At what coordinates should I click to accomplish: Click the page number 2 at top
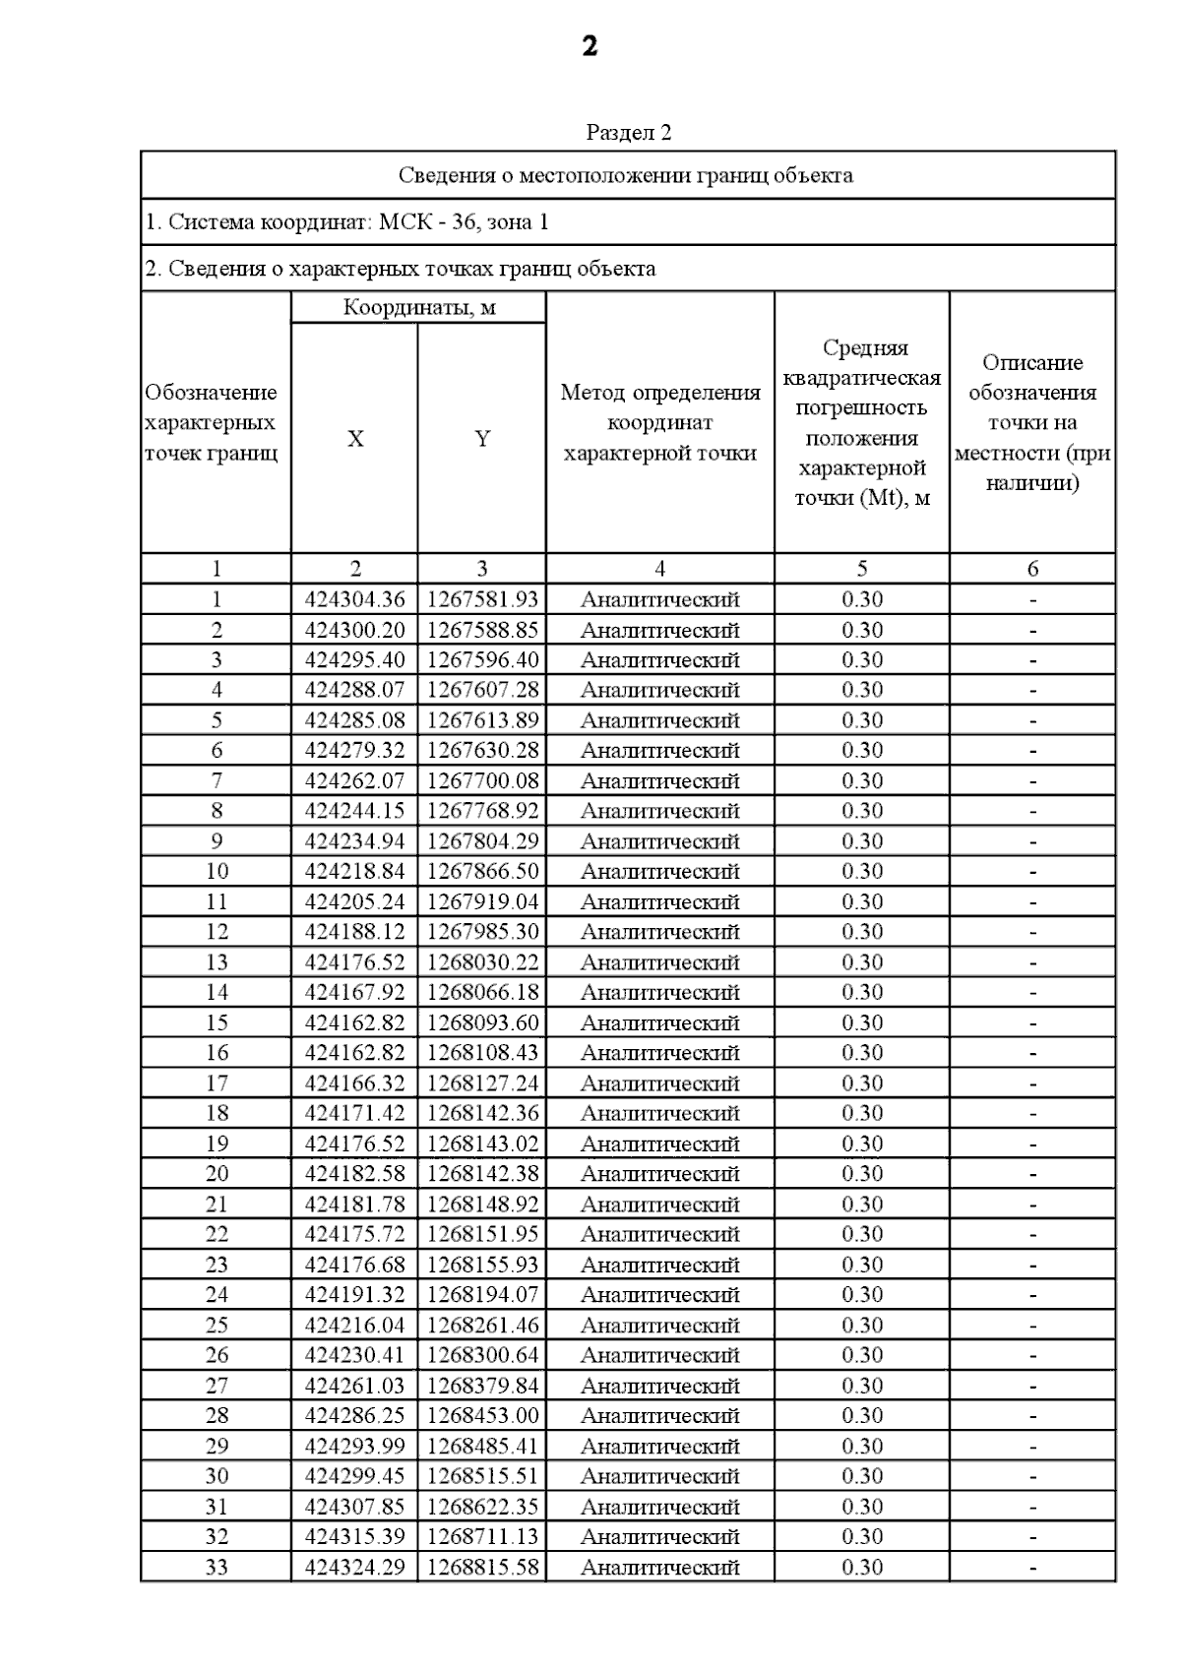pyautogui.click(x=590, y=46)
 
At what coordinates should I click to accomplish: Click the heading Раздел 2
pyautogui.click(x=628, y=132)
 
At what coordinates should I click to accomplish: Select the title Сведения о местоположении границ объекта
pyautogui.click(x=626, y=175)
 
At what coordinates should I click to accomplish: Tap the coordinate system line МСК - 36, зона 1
pyautogui.click(x=346, y=221)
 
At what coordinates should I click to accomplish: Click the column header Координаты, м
pyautogui.click(x=418, y=307)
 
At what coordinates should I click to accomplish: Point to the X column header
pyautogui.click(x=355, y=439)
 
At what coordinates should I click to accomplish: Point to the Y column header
pyautogui.click(x=482, y=439)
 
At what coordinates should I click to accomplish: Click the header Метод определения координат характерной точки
pyautogui.click(x=659, y=422)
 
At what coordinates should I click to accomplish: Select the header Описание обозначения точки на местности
pyautogui.click(x=1032, y=422)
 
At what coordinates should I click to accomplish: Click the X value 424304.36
pyautogui.click(x=354, y=599)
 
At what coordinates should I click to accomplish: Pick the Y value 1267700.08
pyautogui.click(x=482, y=781)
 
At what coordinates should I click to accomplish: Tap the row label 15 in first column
pyautogui.click(x=217, y=1023)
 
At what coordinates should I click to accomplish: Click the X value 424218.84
pyautogui.click(x=354, y=872)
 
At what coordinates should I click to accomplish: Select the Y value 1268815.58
pyautogui.click(x=482, y=1568)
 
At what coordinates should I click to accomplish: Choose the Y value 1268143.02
pyautogui.click(x=482, y=1144)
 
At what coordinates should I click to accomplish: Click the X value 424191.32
pyautogui.click(x=354, y=1295)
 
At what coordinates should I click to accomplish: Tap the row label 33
pyautogui.click(x=217, y=1568)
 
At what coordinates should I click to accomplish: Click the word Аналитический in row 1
pyautogui.click(x=659, y=599)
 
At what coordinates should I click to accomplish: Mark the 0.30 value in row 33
pyautogui.click(x=862, y=1568)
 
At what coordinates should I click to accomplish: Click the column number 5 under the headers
pyautogui.click(x=862, y=569)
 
